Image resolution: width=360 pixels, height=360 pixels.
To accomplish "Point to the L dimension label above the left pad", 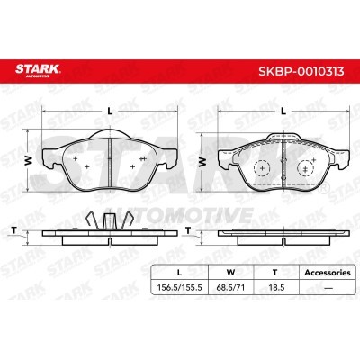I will [x=108, y=111].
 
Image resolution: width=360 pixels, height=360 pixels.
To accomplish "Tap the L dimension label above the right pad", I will [x=283, y=111].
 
